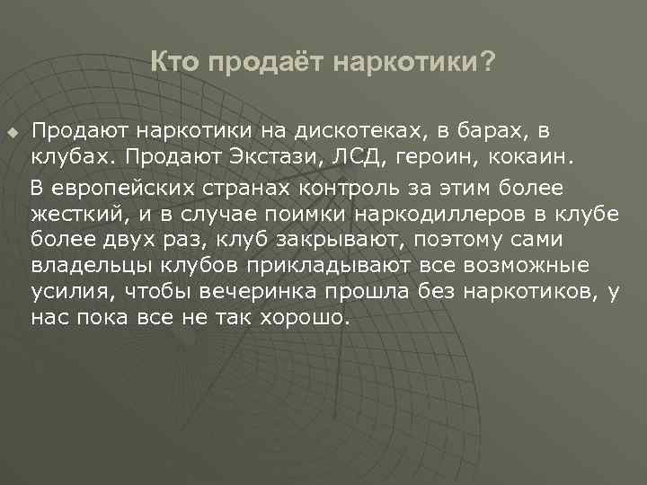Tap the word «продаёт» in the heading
click(x=261, y=62)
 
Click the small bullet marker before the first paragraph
click(x=12, y=134)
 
